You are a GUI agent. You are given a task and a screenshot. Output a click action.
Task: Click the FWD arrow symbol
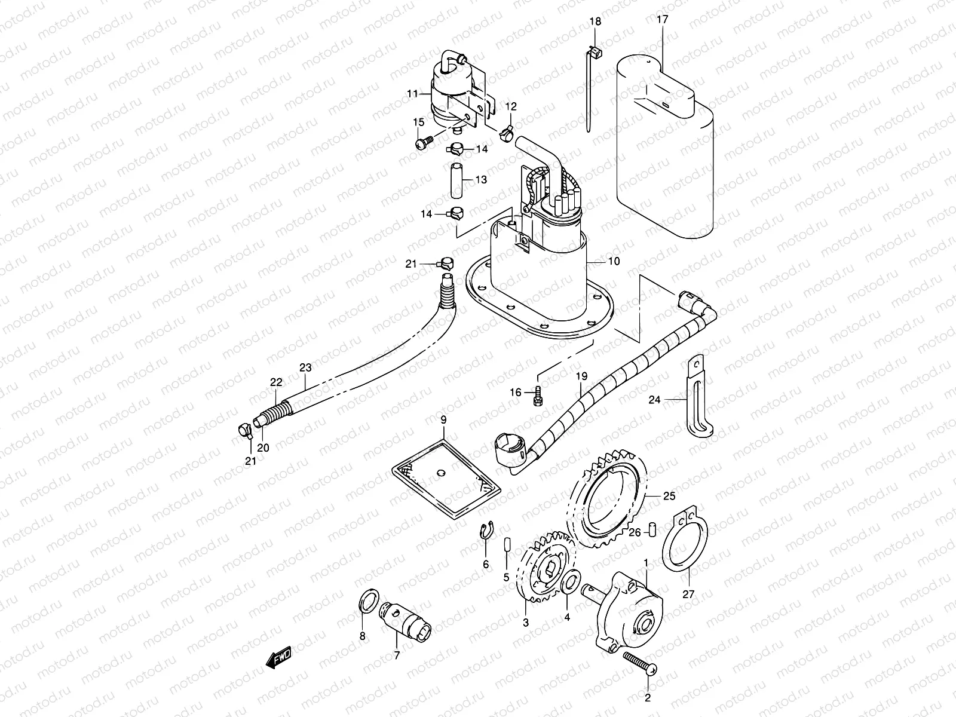[278, 658]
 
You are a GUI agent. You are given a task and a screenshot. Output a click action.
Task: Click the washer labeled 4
[570, 580]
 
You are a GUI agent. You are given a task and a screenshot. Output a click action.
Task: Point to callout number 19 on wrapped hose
[581, 376]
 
